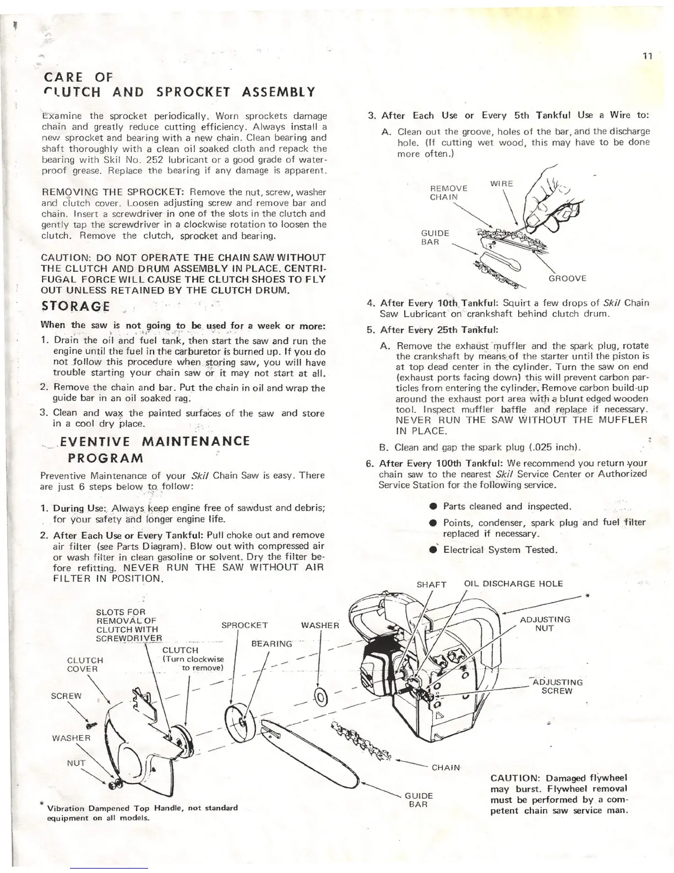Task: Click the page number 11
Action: [647, 55]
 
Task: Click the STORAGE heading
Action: [75, 306]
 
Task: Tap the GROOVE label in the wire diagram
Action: [568, 279]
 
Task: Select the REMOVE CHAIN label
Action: [448, 193]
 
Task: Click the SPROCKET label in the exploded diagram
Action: [244, 625]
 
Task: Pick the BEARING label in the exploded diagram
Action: [271, 643]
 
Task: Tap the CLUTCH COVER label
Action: [85, 665]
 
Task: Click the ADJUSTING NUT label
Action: [545, 624]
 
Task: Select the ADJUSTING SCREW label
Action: [557, 686]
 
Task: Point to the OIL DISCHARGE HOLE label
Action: [514, 584]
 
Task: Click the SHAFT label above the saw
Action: [431, 584]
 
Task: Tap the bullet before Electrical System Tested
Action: [434, 549]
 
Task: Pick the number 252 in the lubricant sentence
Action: [149, 160]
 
